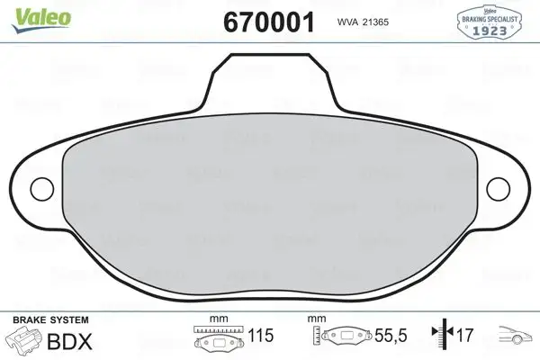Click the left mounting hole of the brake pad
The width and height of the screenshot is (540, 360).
pos(41,188)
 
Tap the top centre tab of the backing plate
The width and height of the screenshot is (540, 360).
pos(270,81)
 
